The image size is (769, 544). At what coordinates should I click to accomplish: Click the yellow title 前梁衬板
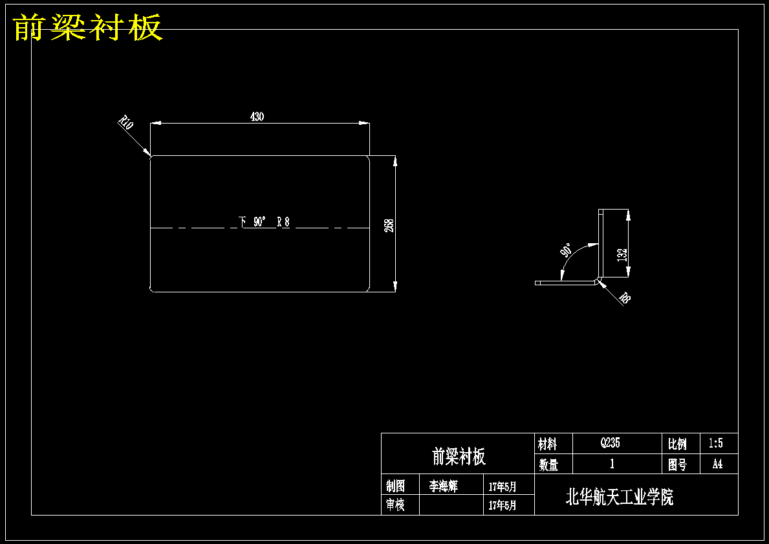coord(88,27)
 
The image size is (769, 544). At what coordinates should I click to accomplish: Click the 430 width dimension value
coord(257,116)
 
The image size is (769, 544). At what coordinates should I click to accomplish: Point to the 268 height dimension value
coord(389,225)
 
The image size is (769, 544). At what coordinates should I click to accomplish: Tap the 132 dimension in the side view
coord(622,255)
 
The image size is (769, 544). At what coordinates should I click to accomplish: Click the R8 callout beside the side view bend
coord(624,298)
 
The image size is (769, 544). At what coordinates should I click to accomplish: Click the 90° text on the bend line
coord(260,222)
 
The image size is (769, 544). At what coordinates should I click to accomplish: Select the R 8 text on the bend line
coord(283,222)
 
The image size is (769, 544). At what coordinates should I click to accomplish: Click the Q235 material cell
coord(610,443)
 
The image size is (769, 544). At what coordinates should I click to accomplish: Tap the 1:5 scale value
coord(715,444)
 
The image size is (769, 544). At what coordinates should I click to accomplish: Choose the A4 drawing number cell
coord(717,464)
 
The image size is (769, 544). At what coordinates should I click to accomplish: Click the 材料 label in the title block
coord(548,444)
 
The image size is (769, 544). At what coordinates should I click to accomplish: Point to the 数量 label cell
coord(548,464)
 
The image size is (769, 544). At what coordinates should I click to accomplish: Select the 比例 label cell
coord(677,444)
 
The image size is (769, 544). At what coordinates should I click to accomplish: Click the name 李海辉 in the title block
coord(443,486)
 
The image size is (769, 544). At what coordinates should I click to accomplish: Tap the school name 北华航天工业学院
coord(620,497)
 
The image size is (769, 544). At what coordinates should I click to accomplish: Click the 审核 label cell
coord(395,505)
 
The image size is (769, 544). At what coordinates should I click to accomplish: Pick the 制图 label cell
coord(395,486)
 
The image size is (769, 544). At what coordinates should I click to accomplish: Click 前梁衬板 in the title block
coord(459,456)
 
